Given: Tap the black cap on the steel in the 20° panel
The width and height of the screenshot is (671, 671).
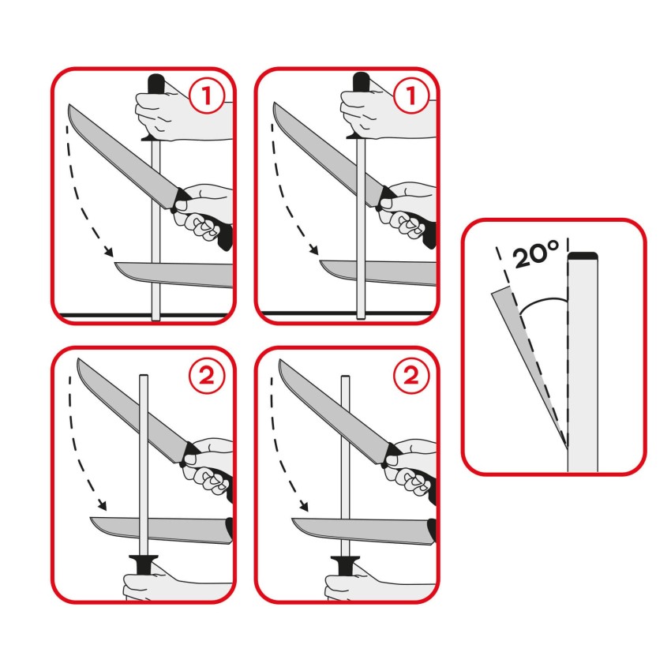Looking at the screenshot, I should pyautogui.click(x=583, y=257).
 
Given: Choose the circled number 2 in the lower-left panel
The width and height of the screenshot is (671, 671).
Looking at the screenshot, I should pyautogui.click(x=208, y=376).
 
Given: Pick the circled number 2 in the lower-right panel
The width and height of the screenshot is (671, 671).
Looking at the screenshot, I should pyautogui.click(x=410, y=376).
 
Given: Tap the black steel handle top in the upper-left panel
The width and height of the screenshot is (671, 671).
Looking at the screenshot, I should pyautogui.click(x=155, y=82).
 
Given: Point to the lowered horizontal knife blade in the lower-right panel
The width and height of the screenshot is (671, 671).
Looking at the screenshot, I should pyautogui.click(x=363, y=528).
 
